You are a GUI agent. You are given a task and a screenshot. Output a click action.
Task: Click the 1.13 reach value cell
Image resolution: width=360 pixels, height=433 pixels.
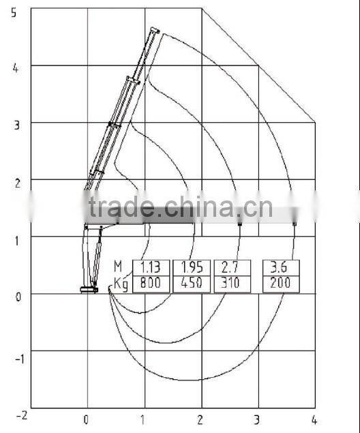click(151, 267)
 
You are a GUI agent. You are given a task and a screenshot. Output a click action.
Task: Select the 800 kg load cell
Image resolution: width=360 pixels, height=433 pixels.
click(151, 284)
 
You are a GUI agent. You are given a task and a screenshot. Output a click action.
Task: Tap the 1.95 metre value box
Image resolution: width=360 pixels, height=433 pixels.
click(192, 267)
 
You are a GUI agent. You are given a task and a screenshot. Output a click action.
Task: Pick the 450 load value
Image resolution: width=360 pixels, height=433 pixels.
click(192, 284)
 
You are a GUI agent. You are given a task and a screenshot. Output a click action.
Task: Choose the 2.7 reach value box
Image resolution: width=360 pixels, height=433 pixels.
click(232, 267)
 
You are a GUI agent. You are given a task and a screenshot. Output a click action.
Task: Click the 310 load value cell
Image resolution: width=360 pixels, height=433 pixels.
click(232, 284)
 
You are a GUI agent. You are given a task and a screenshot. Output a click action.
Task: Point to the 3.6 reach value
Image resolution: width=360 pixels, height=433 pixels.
click(281, 267)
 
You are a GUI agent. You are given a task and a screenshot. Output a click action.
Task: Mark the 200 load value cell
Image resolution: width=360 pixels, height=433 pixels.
click(281, 284)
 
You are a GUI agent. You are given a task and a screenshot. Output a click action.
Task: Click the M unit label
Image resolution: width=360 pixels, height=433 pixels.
click(118, 267)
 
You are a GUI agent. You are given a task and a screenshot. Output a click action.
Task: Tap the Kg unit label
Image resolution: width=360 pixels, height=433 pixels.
click(121, 284)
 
